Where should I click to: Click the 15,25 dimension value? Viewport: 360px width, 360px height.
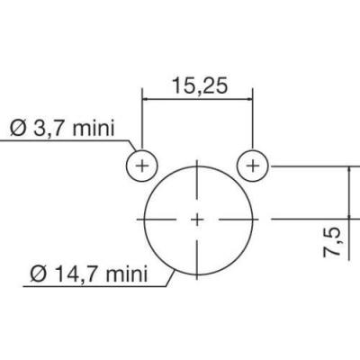click(200, 86)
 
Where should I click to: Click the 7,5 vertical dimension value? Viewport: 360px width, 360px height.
click(332, 242)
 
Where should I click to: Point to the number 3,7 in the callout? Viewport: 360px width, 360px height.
click(49, 129)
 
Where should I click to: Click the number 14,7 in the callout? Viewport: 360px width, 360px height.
click(78, 274)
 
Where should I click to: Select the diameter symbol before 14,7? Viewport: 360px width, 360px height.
click(39, 274)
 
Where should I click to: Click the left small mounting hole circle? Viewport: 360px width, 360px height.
click(127, 166)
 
